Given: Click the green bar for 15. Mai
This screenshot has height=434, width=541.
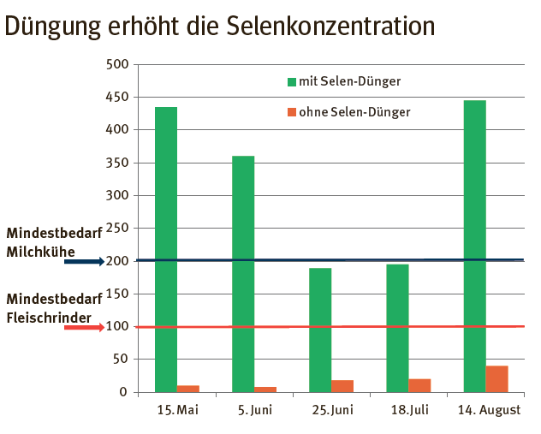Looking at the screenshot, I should [166, 249].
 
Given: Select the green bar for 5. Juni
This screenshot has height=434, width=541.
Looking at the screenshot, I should [243, 274].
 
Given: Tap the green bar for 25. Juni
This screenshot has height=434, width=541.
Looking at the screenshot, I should [320, 330].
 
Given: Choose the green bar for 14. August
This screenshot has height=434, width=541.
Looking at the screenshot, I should [474, 246].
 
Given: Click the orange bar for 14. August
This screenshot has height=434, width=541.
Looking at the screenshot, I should [496, 379].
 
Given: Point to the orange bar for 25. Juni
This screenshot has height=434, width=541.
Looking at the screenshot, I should [342, 386].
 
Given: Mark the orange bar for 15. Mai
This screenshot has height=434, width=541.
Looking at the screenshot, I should [188, 389].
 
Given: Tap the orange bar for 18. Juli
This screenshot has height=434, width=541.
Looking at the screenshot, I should [419, 385].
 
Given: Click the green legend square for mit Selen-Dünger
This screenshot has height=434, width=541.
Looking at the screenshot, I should [291, 82].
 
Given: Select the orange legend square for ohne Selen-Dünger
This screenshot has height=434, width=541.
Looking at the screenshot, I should [291, 112].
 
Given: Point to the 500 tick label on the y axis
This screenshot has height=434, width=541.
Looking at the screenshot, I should [117, 65].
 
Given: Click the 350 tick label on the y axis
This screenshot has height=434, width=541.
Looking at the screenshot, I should [117, 163].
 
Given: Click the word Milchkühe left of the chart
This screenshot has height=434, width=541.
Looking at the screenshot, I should [40, 252].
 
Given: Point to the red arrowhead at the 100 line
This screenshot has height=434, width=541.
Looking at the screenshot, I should [98, 327].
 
